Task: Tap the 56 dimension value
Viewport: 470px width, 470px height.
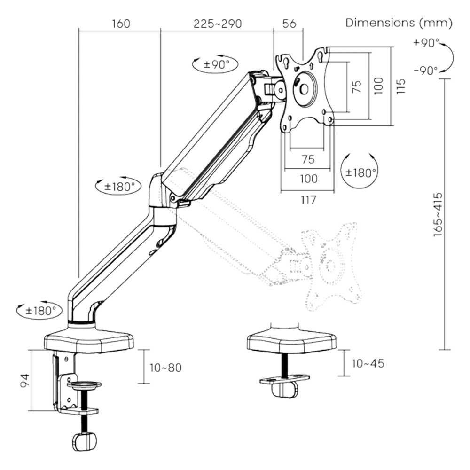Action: (289, 24)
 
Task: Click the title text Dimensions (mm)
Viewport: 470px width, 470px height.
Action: (399, 23)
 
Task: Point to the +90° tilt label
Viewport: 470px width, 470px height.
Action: (426, 43)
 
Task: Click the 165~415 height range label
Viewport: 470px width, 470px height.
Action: (438, 214)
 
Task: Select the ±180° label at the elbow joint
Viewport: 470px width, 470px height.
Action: (118, 186)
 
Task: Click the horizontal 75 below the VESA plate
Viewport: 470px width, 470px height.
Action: (308, 160)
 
